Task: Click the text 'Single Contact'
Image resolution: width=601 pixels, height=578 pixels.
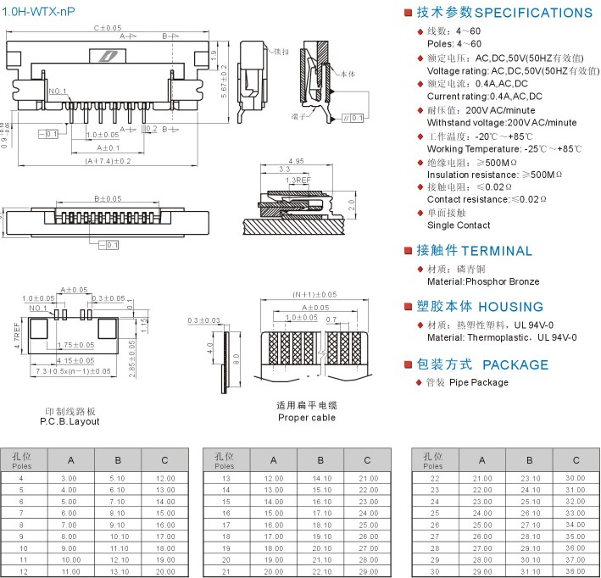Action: pos(459,225)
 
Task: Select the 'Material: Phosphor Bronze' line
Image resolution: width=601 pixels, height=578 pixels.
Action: pos(483,281)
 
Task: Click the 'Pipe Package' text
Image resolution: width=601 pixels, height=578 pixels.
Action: pos(479,382)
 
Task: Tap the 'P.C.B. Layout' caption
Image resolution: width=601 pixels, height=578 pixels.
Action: pos(70,421)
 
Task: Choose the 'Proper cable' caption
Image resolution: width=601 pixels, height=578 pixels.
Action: pos(306,417)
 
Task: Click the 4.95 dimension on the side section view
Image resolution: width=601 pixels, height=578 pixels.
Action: pos(296,161)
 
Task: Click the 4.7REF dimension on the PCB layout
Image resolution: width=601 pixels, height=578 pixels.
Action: pos(16,336)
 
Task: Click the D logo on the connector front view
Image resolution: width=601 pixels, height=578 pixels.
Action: pos(110,57)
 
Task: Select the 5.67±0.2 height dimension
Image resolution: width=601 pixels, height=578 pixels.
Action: pos(222,83)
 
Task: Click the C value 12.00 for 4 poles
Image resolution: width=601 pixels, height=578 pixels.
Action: pos(165,479)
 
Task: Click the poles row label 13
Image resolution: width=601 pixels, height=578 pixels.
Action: pos(225,479)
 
